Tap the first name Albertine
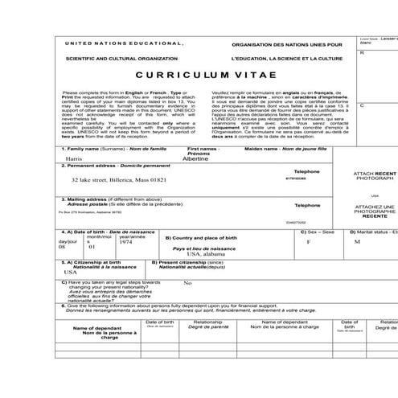(202, 159)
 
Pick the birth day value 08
(62, 248)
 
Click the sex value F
(309, 241)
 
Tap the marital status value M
(357, 241)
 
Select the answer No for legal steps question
(187, 283)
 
